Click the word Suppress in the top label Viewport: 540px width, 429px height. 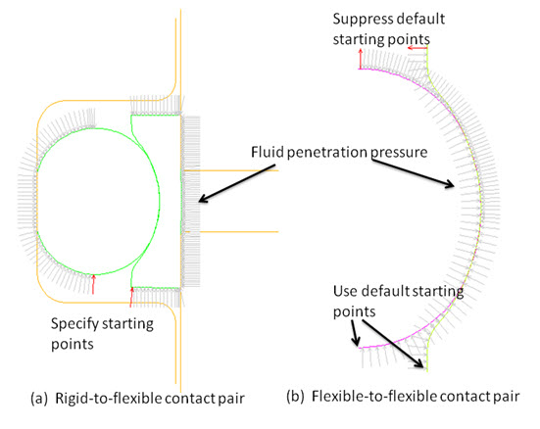pyautogui.click(x=358, y=20)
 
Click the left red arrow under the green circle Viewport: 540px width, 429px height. pyautogui.click(x=93, y=284)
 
